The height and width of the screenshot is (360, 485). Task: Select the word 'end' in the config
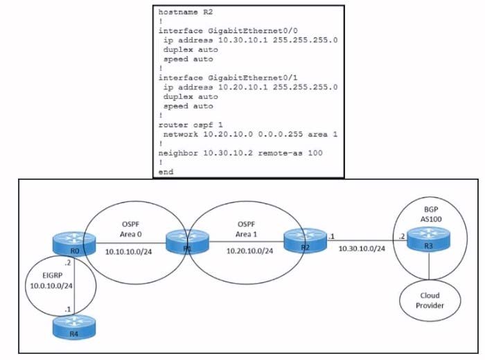167,170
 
